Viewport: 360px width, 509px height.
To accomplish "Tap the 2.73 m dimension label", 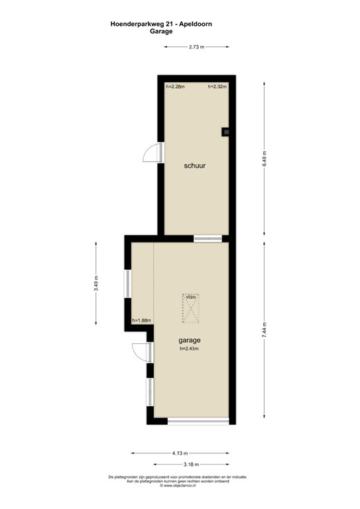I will [196, 46].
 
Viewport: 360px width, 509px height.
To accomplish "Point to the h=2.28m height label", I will [175, 87].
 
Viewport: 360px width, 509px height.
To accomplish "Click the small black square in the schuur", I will [225, 131].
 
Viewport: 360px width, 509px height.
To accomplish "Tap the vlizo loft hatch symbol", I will [192, 308].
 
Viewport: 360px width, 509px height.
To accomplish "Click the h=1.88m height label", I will [142, 321].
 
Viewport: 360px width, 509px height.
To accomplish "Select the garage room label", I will [190, 340].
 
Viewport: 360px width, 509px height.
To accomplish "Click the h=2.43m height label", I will [190, 349].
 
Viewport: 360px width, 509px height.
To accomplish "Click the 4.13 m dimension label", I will [178, 453].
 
